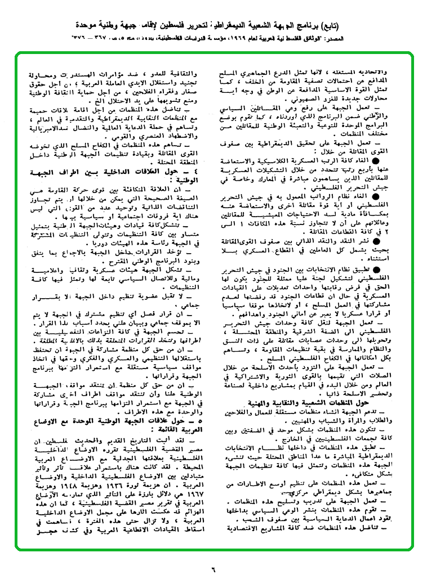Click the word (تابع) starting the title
(394, 24)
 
